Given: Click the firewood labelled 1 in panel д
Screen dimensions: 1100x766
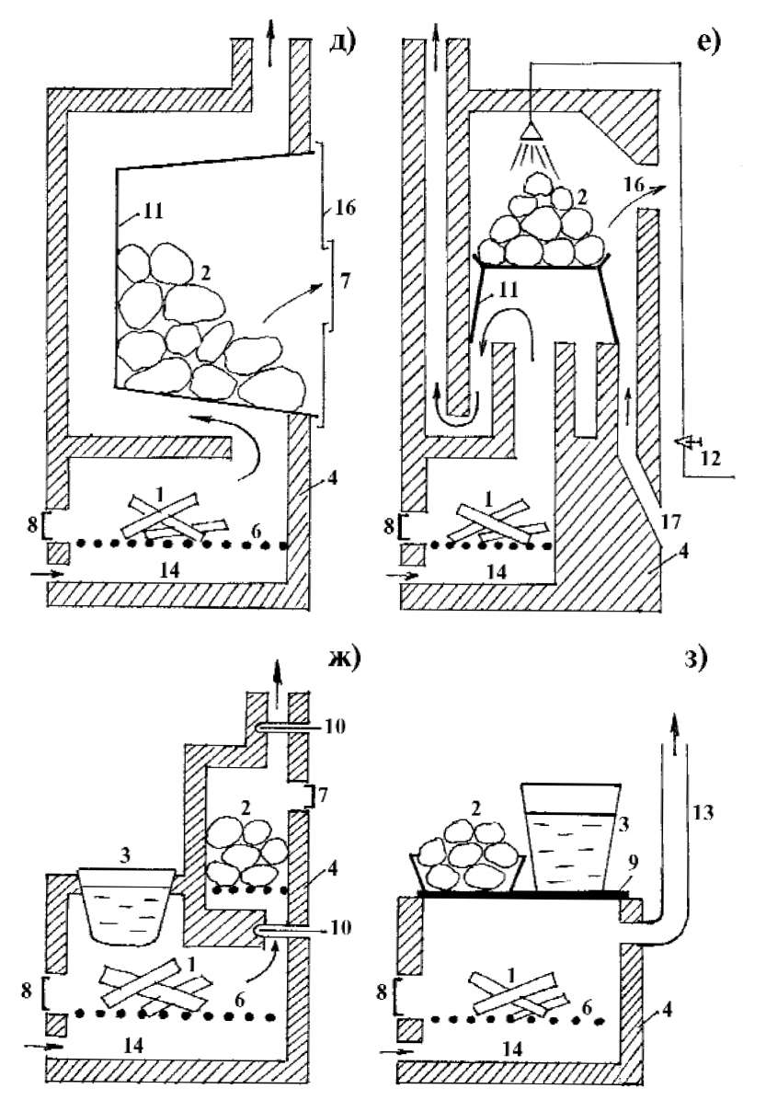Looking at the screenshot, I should (x=166, y=514).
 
